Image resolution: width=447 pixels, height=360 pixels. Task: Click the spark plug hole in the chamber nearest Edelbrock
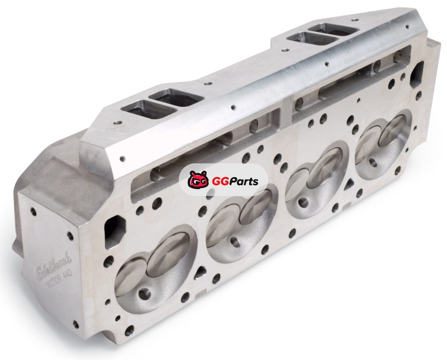click(144, 293)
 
